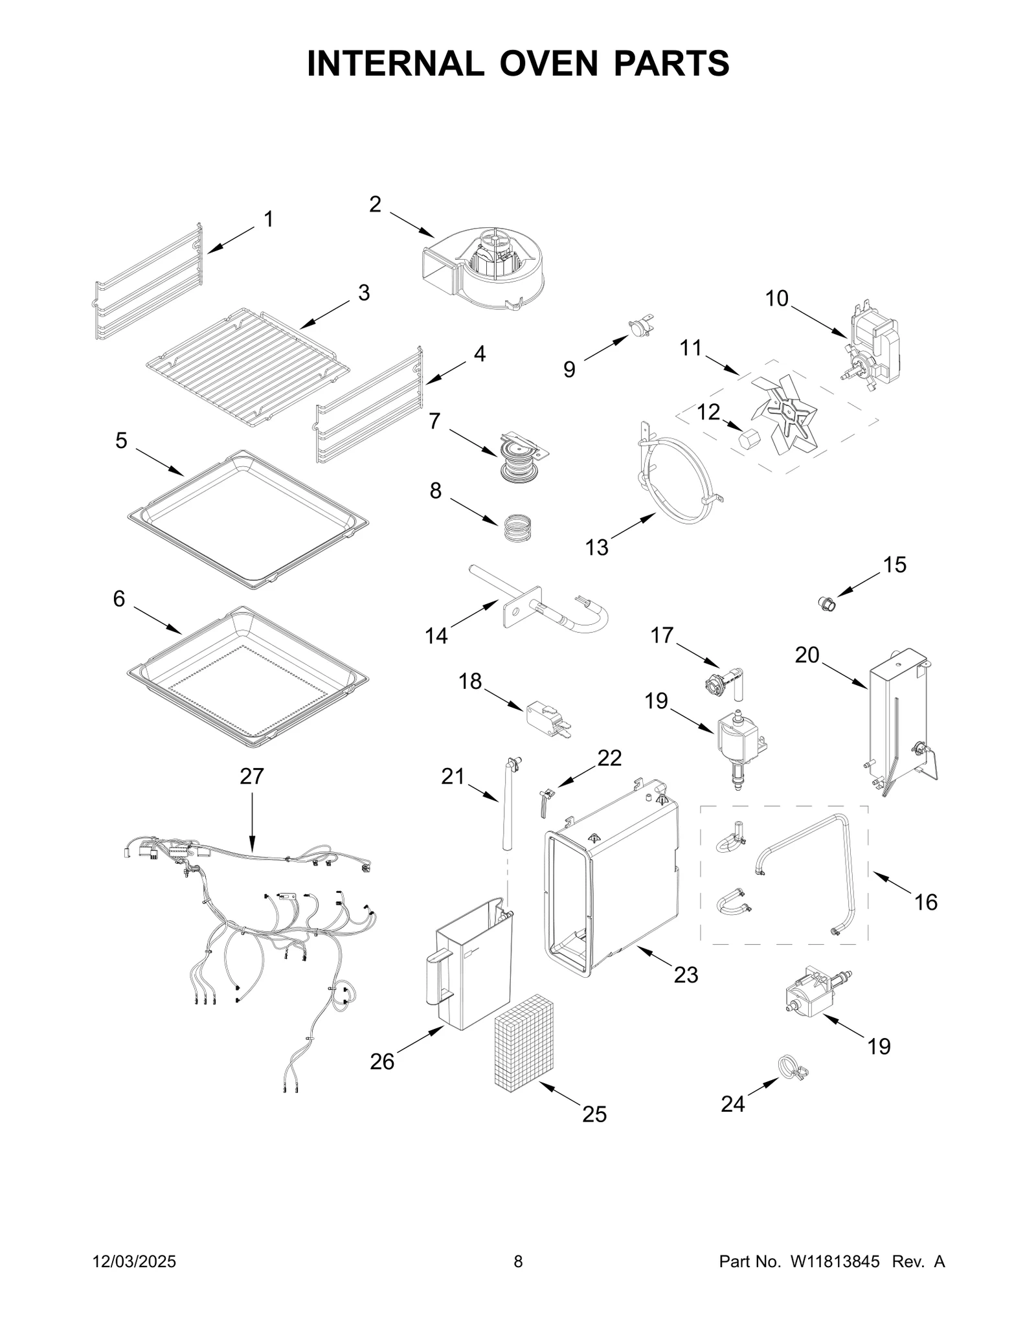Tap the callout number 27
click(252, 776)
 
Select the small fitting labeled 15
click(827, 605)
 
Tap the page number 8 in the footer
click(518, 1279)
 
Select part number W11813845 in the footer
click(834, 1279)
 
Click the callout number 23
click(686, 993)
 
